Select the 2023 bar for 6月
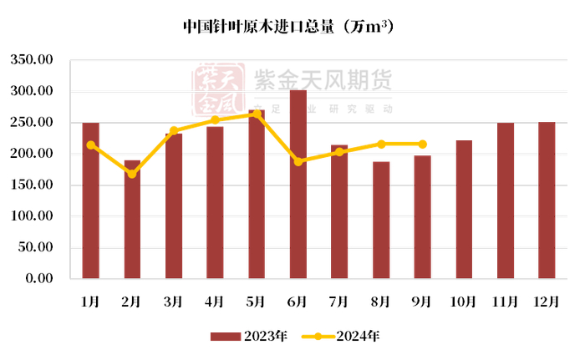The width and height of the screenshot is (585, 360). click(x=298, y=184)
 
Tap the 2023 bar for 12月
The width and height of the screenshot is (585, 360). click(x=547, y=200)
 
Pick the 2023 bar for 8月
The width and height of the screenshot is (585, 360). click(x=381, y=220)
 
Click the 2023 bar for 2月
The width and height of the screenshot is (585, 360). click(x=132, y=219)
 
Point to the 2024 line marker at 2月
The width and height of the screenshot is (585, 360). click(x=132, y=174)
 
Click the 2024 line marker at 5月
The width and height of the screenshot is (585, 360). click(x=257, y=114)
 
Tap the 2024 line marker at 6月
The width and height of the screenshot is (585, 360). click(x=298, y=161)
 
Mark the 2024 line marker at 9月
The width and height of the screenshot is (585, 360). click(x=422, y=144)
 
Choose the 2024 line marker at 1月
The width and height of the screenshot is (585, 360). click(x=90, y=145)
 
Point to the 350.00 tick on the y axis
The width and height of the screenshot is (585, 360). click(x=32, y=60)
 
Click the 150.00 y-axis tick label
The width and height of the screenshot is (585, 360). click(x=32, y=185)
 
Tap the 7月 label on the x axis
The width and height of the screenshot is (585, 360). click(x=339, y=302)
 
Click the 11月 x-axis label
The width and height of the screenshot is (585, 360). click(x=506, y=302)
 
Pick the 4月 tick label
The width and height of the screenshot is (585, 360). click(x=215, y=302)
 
